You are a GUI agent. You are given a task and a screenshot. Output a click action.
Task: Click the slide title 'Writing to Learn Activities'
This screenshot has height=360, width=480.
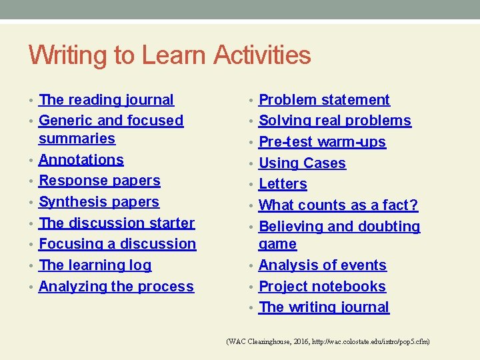tap(170, 55)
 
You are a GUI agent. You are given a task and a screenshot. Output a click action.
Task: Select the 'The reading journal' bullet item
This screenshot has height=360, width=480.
tap(106, 100)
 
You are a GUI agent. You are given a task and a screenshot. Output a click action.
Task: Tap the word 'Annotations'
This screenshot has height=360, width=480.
tap(81, 160)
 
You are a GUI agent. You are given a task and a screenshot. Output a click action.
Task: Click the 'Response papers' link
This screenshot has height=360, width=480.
tap(99, 181)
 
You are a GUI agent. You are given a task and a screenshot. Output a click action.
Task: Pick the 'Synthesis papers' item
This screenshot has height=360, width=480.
tap(99, 202)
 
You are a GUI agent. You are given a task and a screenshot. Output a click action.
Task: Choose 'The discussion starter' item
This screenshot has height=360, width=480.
tap(117, 223)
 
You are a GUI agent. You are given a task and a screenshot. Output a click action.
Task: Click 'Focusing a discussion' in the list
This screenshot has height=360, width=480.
tap(117, 244)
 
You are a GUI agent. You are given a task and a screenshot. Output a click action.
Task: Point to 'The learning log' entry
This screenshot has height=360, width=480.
tap(95, 265)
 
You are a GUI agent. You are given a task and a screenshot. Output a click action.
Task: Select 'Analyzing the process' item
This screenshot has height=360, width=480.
tap(116, 287)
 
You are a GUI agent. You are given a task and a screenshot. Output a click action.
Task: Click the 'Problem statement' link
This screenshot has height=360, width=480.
tap(324, 100)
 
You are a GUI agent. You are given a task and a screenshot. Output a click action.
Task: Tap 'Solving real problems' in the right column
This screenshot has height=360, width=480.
tap(335, 121)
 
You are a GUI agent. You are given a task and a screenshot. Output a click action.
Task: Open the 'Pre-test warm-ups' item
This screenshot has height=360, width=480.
tap(322, 142)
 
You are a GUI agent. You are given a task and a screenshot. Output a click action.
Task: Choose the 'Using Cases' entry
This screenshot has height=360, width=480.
tap(302, 163)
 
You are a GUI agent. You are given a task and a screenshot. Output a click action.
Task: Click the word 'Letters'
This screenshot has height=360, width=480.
tap(283, 184)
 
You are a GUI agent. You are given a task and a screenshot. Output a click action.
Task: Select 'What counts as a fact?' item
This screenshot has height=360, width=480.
tap(338, 205)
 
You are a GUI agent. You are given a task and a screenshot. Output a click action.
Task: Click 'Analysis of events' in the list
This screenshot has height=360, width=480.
tap(322, 265)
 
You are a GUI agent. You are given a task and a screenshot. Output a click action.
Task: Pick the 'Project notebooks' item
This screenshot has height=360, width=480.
tap(322, 287)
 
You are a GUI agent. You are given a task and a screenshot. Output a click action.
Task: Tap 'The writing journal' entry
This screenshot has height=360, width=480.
tap(323, 307)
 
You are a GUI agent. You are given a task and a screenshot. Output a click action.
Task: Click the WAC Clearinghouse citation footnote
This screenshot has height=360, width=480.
tap(328, 341)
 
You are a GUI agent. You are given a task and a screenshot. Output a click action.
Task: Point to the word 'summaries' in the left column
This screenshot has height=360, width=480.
tap(77, 139)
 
